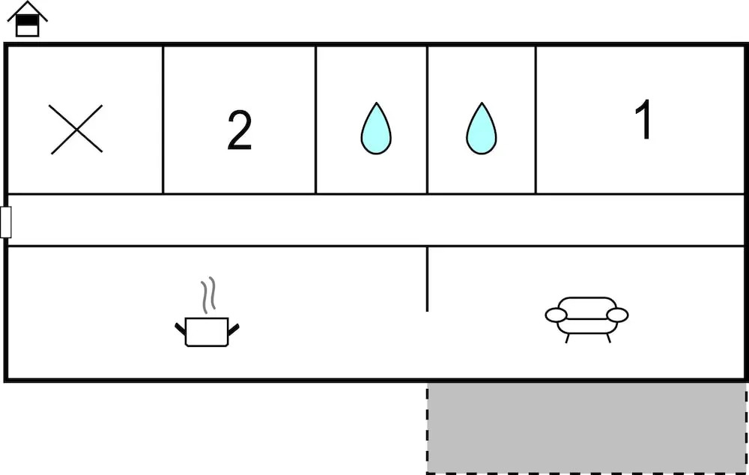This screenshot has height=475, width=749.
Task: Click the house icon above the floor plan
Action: click(x=27, y=19)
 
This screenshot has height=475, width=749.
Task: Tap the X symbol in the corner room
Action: click(x=76, y=130)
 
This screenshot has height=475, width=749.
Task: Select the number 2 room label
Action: click(x=240, y=130)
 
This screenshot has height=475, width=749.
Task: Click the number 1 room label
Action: click(x=644, y=119)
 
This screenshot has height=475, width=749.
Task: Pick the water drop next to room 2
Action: click(x=376, y=129)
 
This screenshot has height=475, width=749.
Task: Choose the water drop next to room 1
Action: click(x=481, y=129)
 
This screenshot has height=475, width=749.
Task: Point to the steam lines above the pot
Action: click(x=207, y=295)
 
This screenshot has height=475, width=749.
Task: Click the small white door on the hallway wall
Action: click(x=6, y=223)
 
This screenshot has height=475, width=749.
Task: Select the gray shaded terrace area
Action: click(x=586, y=428)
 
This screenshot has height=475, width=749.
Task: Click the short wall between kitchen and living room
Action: click(x=427, y=279)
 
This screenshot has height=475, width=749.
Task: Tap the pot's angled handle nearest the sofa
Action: click(x=233, y=329)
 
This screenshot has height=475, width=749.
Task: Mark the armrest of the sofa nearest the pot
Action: click(x=556, y=315)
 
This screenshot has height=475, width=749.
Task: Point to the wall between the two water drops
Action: click(x=427, y=119)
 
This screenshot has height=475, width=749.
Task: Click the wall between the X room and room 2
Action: click(x=163, y=119)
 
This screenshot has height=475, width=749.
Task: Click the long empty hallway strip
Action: click(x=376, y=220)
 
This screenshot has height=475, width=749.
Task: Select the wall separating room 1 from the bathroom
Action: click(x=536, y=119)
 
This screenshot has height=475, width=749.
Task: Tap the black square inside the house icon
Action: click(x=27, y=20)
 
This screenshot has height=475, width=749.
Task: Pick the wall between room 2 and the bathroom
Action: click(x=316, y=119)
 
